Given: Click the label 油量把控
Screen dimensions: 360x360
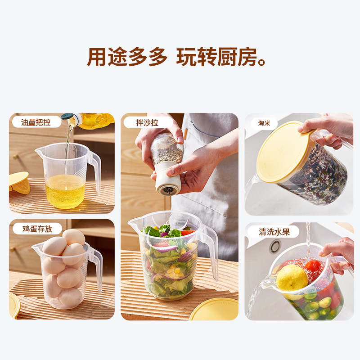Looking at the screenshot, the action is click(x=36, y=122).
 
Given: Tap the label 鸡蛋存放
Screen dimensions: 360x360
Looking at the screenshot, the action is click(x=37, y=229).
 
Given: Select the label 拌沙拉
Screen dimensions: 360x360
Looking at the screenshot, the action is click(x=147, y=123).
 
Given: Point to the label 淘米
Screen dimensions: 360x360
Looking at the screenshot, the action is click(x=264, y=123).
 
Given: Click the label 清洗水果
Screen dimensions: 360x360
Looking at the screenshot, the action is click(x=274, y=232).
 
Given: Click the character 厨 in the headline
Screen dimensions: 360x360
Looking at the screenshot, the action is click(x=227, y=57).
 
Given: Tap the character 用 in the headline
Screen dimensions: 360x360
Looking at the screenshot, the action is click(x=97, y=57).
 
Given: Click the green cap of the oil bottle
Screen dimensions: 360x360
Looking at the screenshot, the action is click(x=67, y=117).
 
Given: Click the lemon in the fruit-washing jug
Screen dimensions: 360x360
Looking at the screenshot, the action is click(x=292, y=278).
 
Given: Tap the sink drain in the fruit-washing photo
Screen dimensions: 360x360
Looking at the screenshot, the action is click(x=275, y=246).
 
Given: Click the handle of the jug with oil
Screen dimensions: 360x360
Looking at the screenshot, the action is click(x=95, y=170).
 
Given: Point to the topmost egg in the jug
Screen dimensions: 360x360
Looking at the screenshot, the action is click(x=73, y=237).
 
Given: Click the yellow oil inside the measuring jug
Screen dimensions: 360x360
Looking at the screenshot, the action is click(x=65, y=192).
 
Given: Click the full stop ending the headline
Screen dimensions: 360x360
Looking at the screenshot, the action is click(x=262, y=63).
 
